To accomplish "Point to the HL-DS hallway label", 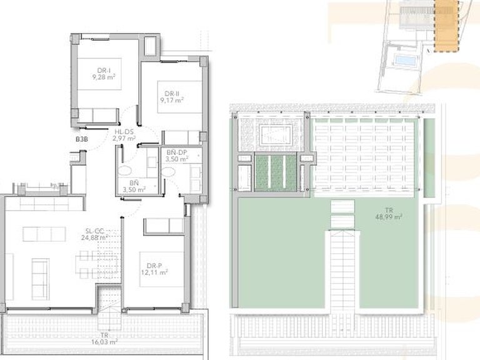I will pyautogui.click(x=124, y=131).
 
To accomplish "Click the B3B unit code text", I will pyautogui.click(x=81, y=139).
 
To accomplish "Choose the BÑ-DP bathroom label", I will pyautogui.click(x=177, y=152).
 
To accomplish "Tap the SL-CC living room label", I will pyautogui.click(x=95, y=230).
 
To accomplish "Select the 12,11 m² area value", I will pyautogui.click(x=153, y=273).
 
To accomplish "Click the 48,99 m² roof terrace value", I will pyautogui.click(x=388, y=216).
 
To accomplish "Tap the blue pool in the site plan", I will pyautogui.click(x=404, y=61).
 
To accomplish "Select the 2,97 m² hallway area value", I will pyautogui.click(x=124, y=139).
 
